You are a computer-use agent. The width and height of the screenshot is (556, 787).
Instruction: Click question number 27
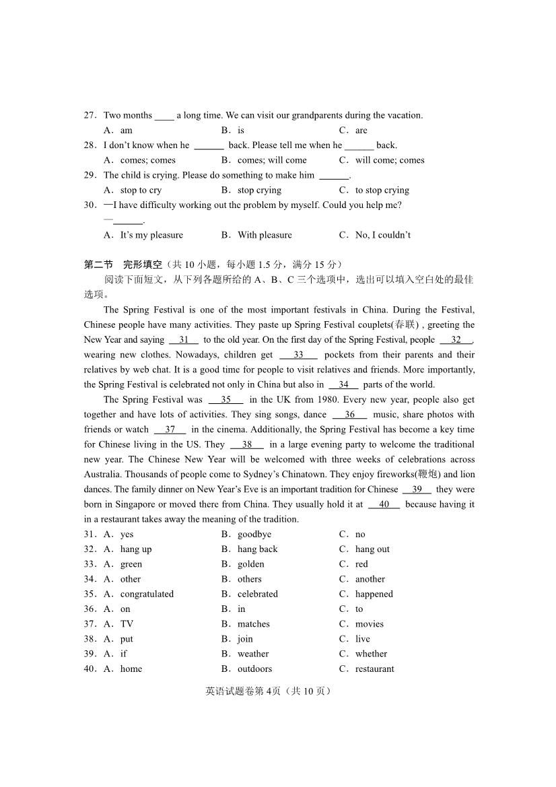(90, 115)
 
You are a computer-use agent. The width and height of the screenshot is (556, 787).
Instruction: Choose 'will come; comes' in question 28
(390, 160)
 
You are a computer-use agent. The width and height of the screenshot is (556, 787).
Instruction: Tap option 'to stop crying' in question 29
(382, 191)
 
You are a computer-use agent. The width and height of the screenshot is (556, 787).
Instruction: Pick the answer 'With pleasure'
(265, 235)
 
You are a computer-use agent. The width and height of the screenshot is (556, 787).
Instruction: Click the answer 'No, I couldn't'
(382, 235)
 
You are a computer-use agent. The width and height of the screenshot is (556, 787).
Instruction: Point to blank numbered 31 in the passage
(184, 340)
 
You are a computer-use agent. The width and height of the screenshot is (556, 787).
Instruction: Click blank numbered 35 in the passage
(225, 400)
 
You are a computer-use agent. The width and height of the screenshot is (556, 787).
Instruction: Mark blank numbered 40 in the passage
(384, 504)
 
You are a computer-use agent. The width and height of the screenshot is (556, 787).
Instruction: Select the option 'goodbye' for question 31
(254, 535)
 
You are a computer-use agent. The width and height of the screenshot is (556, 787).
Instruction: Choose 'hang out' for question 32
(372, 549)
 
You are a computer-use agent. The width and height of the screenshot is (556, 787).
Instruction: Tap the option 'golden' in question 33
(250, 564)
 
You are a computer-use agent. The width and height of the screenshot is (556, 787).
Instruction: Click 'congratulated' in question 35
(147, 594)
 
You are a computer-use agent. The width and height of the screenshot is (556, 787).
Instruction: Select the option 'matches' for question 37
(253, 624)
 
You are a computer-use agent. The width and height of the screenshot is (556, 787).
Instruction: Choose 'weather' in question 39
(253, 654)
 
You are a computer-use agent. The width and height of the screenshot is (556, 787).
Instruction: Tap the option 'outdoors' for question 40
(254, 669)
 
